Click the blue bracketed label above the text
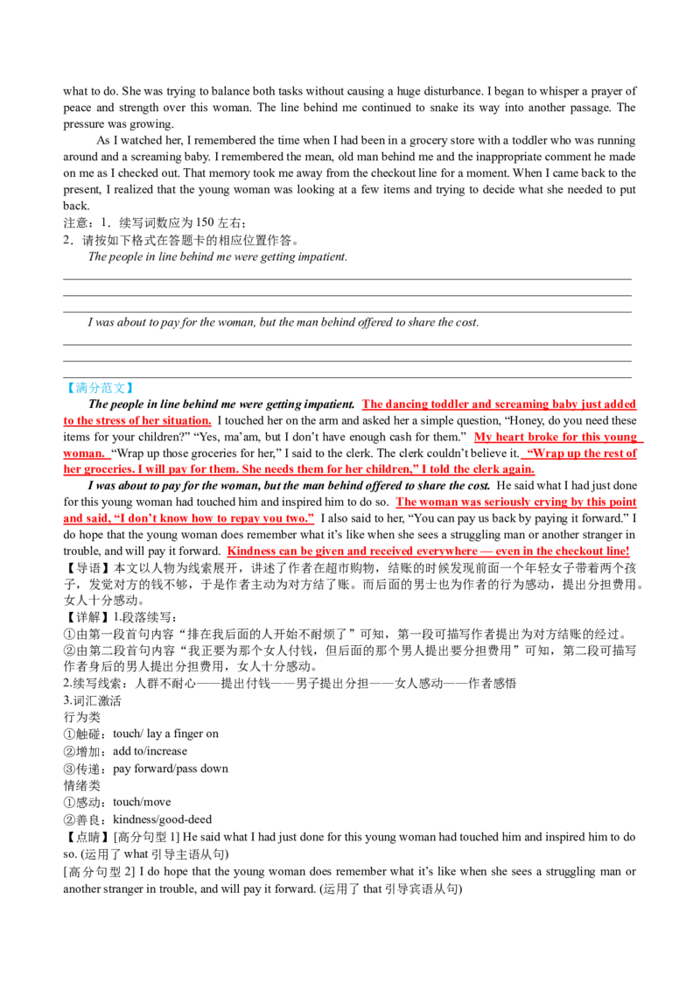pyautogui.click(x=99, y=388)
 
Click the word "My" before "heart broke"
pyautogui.click(x=481, y=437)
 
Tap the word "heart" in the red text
pyautogui.click(x=505, y=437)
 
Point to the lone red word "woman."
pyautogui.click(x=86, y=454)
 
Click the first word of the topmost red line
pyautogui.click(x=371, y=405)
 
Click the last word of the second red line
pyautogui.click(x=194, y=421)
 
